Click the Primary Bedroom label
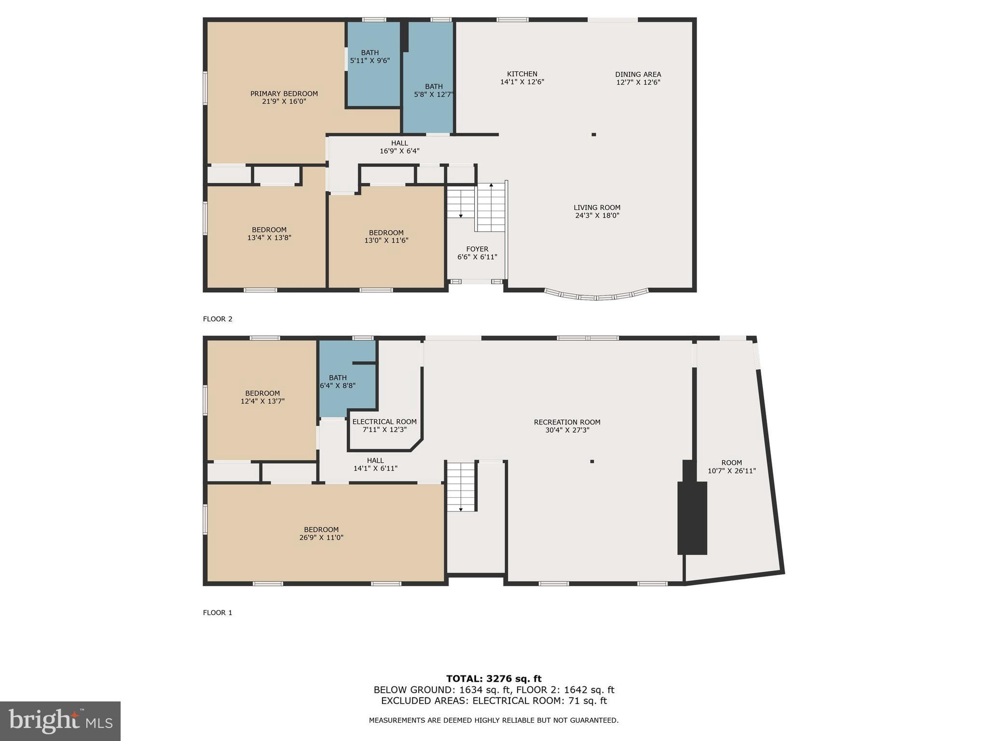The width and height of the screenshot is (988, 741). click(284, 94)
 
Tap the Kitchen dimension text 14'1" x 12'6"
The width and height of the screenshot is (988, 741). click(522, 82)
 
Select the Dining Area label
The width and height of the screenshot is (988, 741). click(638, 74)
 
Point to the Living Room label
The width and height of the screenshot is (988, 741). click(597, 207)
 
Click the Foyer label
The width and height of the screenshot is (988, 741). click(477, 249)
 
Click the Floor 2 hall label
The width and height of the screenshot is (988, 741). click(399, 143)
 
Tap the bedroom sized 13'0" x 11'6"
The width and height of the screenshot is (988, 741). click(386, 236)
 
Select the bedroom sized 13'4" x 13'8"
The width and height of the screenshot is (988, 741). click(269, 233)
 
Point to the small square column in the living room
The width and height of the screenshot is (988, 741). click(594, 135)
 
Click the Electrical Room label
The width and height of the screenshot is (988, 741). click(384, 422)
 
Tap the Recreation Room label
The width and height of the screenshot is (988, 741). click(567, 422)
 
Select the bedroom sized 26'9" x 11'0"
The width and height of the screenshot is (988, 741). click(321, 533)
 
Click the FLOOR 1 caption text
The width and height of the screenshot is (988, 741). click(218, 613)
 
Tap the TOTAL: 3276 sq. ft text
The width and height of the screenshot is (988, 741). click(494, 679)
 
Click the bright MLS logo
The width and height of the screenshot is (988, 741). click(60, 721)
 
